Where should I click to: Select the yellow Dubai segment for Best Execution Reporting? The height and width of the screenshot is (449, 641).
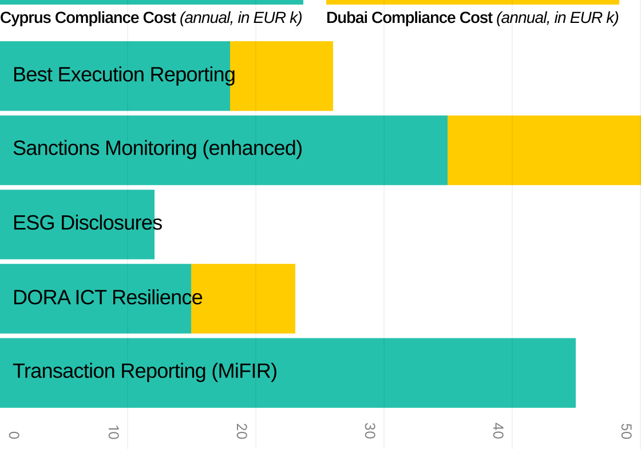point(282,76)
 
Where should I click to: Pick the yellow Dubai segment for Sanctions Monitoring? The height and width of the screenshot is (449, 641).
point(544,150)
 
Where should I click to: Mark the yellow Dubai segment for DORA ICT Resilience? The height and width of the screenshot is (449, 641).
point(243,298)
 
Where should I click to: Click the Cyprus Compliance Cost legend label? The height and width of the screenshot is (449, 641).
point(151,18)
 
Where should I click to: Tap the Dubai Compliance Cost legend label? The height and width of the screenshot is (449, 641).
point(472,18)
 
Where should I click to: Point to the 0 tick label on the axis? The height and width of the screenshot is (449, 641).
point(14,435)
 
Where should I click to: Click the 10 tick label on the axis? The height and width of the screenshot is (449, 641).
point(113,432)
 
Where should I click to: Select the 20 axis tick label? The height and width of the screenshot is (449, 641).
point(241,432)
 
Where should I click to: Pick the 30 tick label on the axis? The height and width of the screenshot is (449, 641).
point(369,432)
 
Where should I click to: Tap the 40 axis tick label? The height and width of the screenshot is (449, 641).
point(497,432)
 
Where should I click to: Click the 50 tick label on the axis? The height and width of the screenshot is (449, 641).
point(626,432)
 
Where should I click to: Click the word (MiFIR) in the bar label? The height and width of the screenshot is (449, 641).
point(244,371)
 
